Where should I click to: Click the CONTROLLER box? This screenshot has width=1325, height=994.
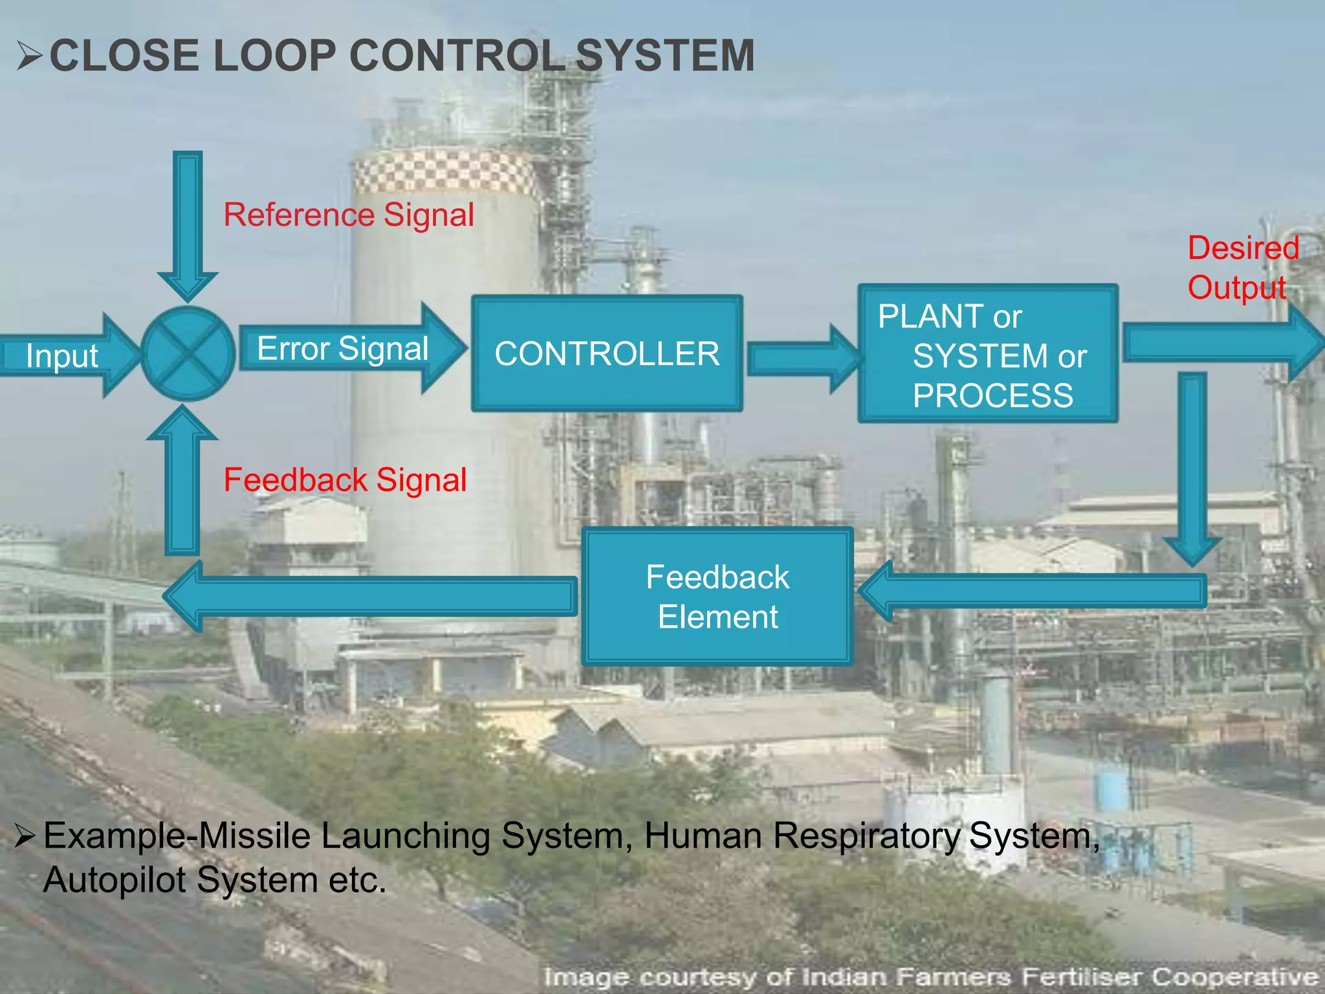click(607, 353)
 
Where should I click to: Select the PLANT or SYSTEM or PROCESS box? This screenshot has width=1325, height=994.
click(988, 354)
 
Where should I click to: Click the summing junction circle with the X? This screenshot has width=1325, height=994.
click(188, 353)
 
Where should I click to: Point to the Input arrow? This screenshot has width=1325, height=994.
click(65, 355)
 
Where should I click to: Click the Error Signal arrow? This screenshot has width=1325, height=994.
click(349, 349)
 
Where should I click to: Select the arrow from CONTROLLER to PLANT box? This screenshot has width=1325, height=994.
click(802, 359)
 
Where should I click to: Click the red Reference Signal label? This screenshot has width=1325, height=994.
click(349, 215)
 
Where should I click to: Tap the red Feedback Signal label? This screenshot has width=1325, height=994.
click(345, 480)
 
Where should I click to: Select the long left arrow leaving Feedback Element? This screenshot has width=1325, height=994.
click(369, 595)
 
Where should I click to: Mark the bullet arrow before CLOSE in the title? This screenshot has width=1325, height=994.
click(29, 56)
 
